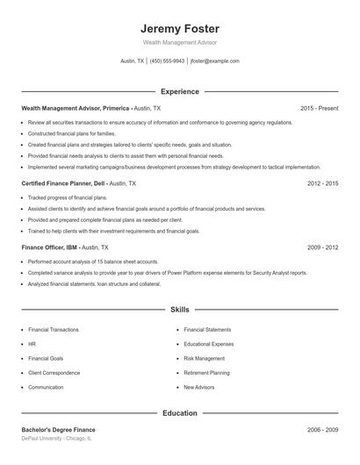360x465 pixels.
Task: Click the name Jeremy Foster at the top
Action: tap(179, 28)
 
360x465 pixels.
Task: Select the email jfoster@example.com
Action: tap(214, 61)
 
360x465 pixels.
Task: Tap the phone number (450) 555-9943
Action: tap(167, 61)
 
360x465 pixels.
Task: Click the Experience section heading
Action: tap(179, 91)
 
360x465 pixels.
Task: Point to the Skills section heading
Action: tap(179, 310)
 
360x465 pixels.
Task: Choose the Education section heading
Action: tap(179, 412)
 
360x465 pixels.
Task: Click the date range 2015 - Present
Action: tap(319, 108)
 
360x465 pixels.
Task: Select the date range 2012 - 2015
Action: tap(322, 184)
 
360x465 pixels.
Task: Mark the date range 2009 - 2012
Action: tap(322, 247)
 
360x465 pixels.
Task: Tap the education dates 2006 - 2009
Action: tap(322, 430)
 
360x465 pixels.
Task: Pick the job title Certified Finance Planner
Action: tap(57, 184)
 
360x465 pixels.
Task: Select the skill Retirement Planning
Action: tap(206, 373)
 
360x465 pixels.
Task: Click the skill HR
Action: tap(32, 344)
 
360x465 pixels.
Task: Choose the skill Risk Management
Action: tap(204, 358)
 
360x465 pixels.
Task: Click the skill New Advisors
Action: tap(199, 387)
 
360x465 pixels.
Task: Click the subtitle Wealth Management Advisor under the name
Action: tap(179, 42)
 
